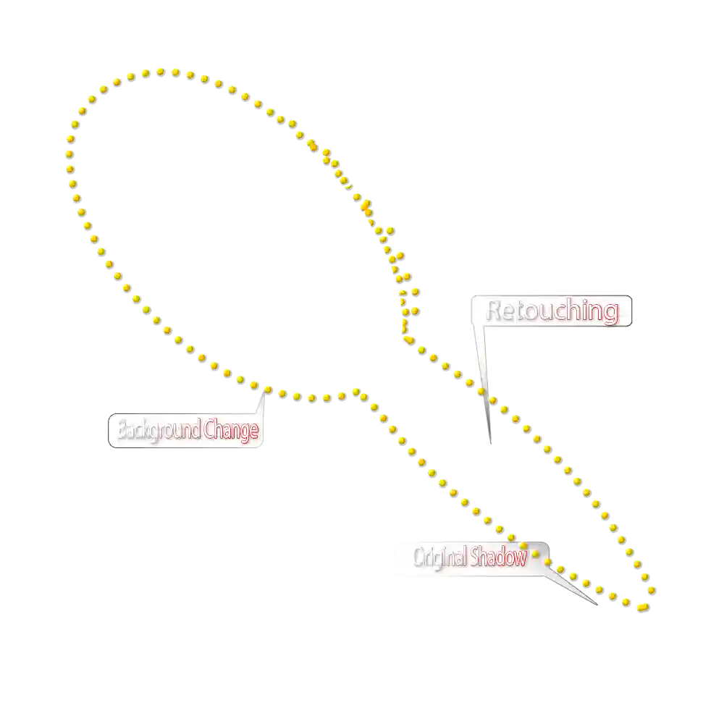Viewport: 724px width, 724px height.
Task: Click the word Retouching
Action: click(x=552, y=311)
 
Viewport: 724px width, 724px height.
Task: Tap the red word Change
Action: click(x=230, y=431)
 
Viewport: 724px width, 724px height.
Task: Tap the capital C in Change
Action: click(x=209, y=431)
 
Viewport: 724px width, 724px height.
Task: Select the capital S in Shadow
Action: click(x=474, y=558)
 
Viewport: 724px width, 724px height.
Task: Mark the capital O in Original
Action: click(x=419, y=558)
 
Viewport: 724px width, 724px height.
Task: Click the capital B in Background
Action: click(x=122, y=431)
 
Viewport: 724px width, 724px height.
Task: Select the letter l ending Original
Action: click(x=464, y=558)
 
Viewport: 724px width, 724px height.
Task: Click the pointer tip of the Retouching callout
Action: click(x=489, y=443)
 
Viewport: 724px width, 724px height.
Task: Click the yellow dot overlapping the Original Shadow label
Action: click(x=535, y=554)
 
